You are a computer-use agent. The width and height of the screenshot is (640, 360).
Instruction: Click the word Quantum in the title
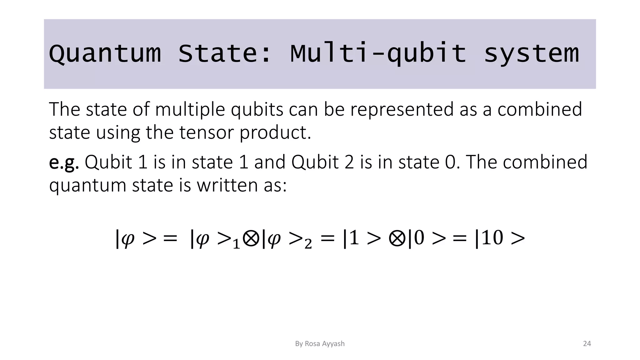tap(105, 54)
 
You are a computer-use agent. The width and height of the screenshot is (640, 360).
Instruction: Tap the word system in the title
tap(532, 54)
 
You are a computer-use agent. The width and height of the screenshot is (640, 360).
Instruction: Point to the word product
tap(275, 132)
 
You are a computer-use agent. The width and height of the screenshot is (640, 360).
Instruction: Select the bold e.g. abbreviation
tap(64, 162)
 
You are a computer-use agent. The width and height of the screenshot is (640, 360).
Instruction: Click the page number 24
tap(587, 344)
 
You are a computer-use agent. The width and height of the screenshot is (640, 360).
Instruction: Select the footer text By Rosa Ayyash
tap(320, 344)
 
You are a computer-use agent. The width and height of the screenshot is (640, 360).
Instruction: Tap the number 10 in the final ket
tap(492, 238)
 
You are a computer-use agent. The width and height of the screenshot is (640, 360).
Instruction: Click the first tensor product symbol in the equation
tap(251, 239)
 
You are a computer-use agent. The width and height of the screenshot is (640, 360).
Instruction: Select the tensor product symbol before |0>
tap(397, 239)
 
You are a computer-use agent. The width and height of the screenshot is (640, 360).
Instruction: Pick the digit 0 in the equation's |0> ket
tap(419, 238)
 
